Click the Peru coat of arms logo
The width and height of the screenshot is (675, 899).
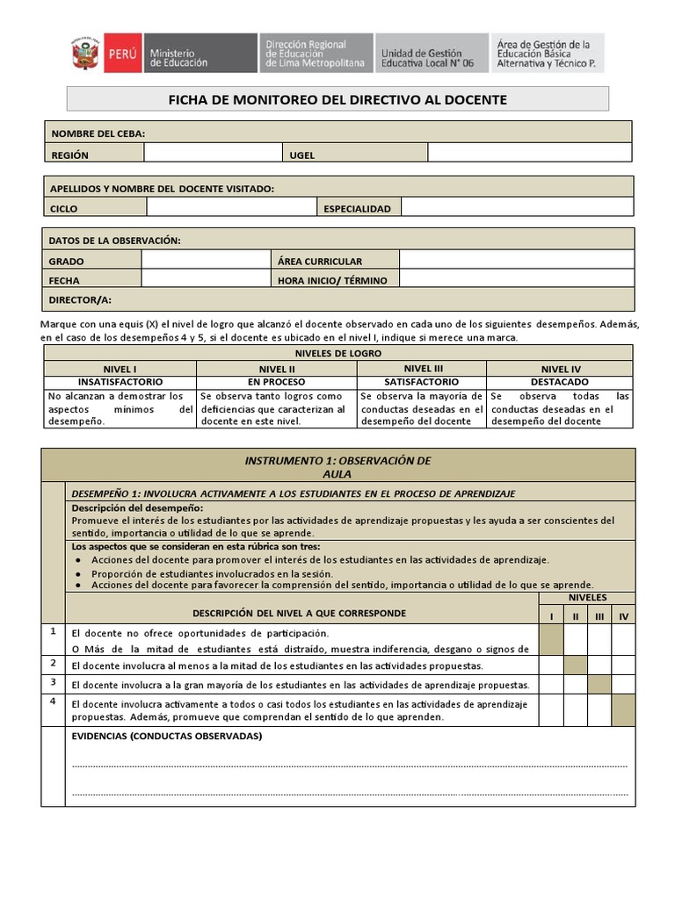[x=85, y=54]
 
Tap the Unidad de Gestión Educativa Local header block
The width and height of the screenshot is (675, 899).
[x=431, y=54]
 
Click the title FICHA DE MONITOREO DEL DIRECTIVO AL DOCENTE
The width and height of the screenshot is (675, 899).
[x=337, y=100]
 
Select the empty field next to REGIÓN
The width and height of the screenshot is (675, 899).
[x=213, y=154]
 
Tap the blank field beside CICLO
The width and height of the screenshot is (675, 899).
[x=231, y=208]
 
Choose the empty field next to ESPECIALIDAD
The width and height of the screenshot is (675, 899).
[x=517, y=208]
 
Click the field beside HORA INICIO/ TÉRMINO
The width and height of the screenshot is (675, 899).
[x=516, y=279]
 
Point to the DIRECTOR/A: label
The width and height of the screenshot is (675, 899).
[x=80, y=299]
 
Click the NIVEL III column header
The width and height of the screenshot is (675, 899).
[x=423, y=369]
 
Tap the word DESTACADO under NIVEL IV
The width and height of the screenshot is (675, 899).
[x=559, y=383]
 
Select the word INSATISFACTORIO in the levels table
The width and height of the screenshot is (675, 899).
[x=120, y=383]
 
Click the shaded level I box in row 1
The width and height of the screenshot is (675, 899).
[x=551, y=640]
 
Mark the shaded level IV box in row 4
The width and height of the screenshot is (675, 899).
[x=623, y=709]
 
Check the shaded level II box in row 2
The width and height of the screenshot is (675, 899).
[x=575, y=665]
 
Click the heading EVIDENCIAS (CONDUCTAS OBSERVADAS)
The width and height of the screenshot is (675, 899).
[x=166, y=736]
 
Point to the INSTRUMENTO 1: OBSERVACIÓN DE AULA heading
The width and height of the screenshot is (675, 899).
[x=337, y=466]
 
